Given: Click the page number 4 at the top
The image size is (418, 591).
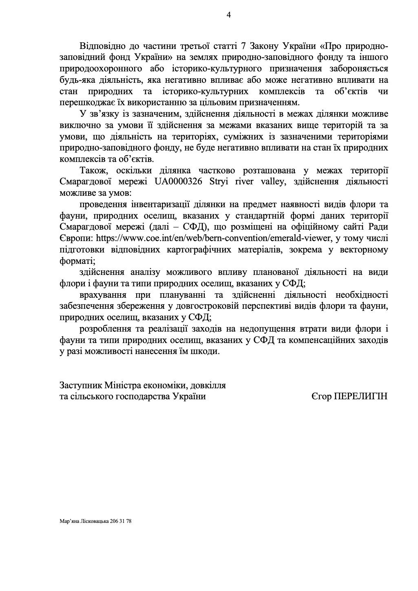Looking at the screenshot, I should tap(228, 15).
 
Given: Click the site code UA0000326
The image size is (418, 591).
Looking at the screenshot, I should tap(179, 182).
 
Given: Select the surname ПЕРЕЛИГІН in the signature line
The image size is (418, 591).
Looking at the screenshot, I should tap(361, 396).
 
